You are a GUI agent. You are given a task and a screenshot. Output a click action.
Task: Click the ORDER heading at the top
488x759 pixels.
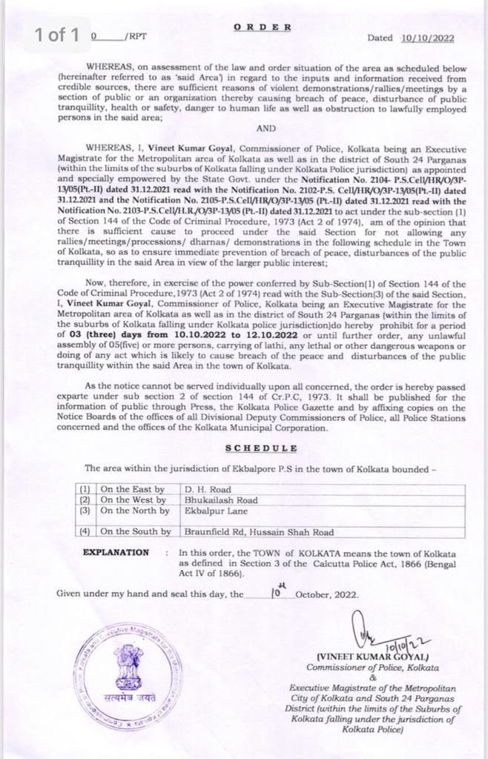click(263, 27)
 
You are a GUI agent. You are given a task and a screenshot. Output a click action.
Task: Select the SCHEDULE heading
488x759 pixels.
click(262, 448)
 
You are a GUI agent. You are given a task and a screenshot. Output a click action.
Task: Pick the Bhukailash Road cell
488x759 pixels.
click(222, 500)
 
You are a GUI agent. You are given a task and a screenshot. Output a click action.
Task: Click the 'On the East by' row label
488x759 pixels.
click(132, 489)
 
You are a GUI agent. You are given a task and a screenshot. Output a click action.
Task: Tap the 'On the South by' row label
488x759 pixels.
click(135, 531)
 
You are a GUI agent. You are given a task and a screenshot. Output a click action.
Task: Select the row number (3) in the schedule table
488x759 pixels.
click(85, 511)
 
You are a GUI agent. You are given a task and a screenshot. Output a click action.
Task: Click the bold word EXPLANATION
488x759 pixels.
click(116, 552)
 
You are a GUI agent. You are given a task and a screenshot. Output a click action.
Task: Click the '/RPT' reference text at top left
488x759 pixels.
click(136, 36)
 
